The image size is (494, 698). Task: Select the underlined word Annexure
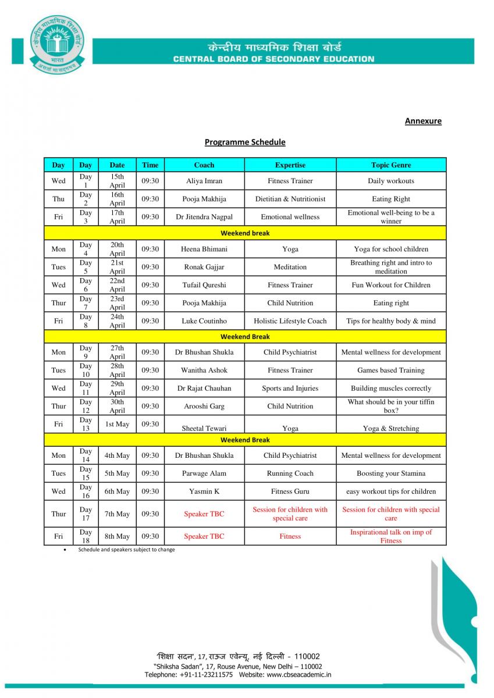point(423,121)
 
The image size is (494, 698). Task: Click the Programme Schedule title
point(245,142)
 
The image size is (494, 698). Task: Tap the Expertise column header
point(290,165)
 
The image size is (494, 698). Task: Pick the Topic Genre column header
point(391,165)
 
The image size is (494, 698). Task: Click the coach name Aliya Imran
point(204,181)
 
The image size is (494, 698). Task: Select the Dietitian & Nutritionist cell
point(290,199)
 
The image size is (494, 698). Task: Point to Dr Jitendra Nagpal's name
point(204,217)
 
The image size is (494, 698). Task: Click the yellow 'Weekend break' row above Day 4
point(245,233)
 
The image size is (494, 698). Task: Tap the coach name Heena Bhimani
point(204,249)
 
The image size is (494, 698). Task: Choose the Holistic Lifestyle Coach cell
point(290,321)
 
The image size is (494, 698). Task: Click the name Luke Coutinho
point(204,321)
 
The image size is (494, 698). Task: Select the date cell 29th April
point(117,388)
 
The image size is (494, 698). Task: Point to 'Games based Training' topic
point(391,370)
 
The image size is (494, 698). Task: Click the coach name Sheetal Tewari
point(204,428)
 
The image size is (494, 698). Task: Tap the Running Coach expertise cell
point(290,473)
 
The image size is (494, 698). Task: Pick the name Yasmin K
point(204,492)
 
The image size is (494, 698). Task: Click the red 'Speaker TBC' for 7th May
point(204,514)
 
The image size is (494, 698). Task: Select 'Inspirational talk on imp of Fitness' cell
point(391,536)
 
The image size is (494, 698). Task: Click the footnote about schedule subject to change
point(126,550)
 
